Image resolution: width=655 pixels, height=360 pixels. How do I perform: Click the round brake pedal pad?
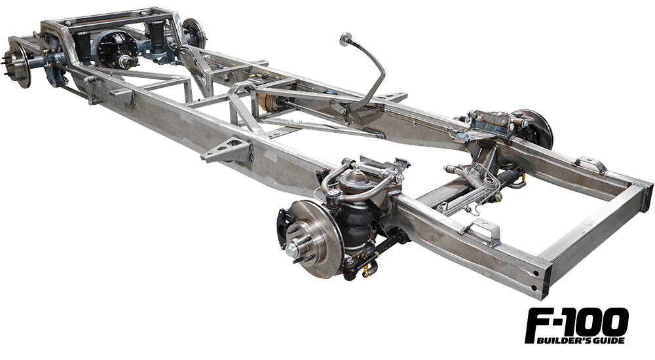[346, 39]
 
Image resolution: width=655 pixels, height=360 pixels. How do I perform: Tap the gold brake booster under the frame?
[269, 102]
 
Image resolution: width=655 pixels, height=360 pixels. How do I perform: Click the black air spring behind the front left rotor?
[354, 226]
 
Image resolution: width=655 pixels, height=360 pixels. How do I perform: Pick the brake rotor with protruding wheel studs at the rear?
[18, 63]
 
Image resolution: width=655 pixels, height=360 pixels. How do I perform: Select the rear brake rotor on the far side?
[195, 33]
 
